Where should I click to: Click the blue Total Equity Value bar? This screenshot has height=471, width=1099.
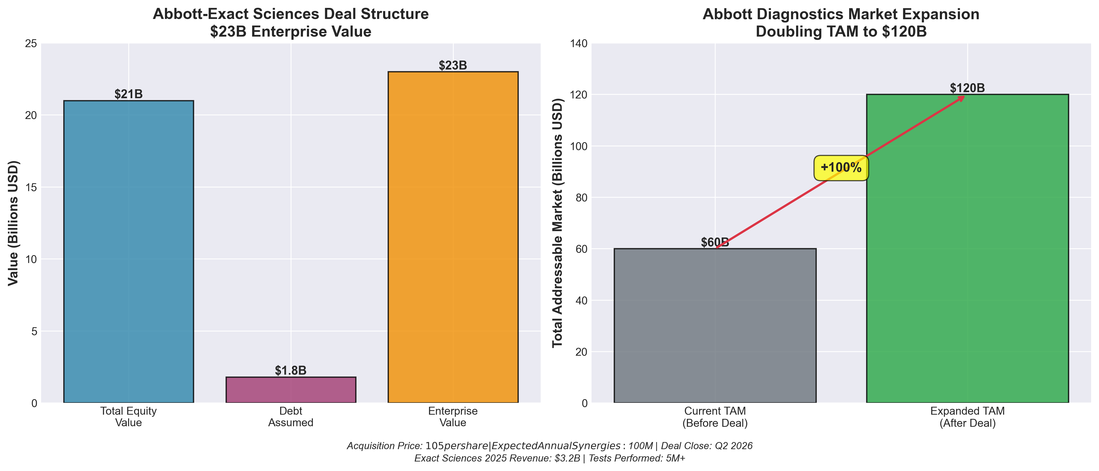coord(128,251)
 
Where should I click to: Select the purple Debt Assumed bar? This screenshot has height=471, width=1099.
coord(291,390)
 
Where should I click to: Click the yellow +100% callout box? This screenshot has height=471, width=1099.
coord(841,167)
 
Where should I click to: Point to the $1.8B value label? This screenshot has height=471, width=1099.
coord(291,370)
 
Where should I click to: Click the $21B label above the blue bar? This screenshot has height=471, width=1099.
coord(128,94)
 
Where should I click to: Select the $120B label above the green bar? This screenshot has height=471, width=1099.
coord(967,88)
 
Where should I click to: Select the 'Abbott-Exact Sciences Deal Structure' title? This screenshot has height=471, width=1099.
coord(291,14)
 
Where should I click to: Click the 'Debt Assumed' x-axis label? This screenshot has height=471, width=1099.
coord(291,417)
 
